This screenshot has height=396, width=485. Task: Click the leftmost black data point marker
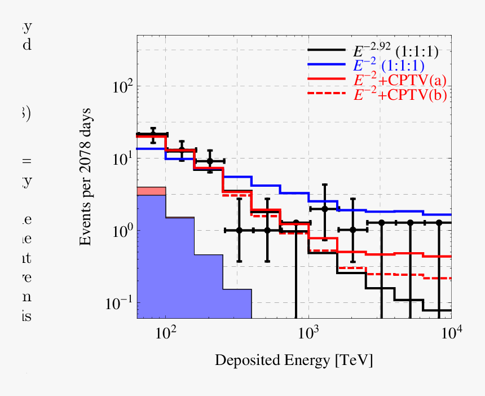click(x=152, y=134)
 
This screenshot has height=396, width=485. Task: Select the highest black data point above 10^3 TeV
click(x=325, y=209)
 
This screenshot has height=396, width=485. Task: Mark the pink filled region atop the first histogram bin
click(x=151, y=191)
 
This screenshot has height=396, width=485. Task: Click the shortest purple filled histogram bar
click(x=237, y=303)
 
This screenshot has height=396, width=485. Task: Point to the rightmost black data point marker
click(x=439, y=223)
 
